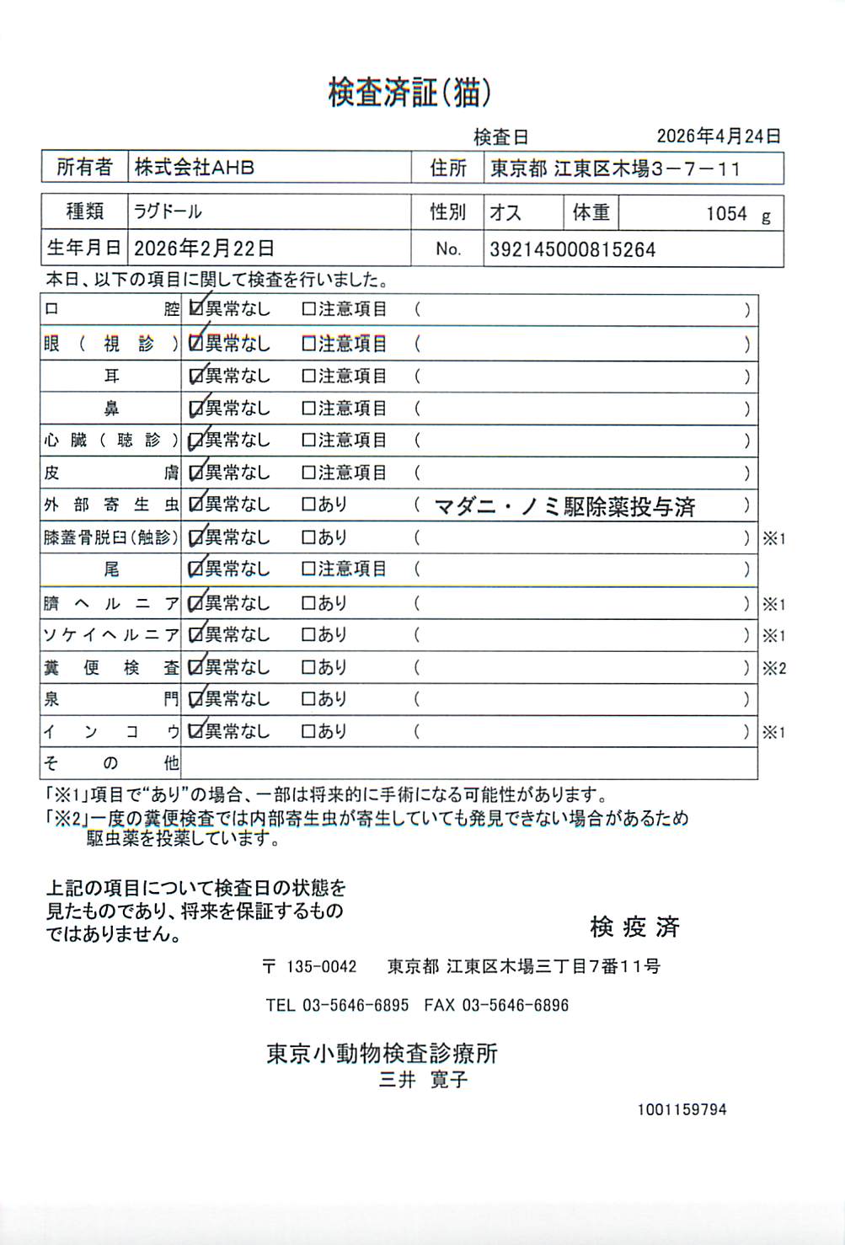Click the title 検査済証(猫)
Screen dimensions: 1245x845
click(x=409, y=93)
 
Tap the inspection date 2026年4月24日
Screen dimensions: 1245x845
click(x=718, y=136)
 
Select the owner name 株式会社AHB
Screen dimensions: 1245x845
click(x=195, y=168)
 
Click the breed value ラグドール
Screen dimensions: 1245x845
click(x=168, y=211)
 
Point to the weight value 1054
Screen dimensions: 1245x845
click(x=726, y=214)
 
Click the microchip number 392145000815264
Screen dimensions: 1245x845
click(x=572, y=250)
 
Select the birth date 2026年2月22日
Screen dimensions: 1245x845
click(x=204, y=248)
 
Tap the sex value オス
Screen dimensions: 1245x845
click(x=505, y=212)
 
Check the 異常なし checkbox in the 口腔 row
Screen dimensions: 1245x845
click(x=196, y=309)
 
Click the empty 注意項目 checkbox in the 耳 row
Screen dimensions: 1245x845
click(x=308, y=377)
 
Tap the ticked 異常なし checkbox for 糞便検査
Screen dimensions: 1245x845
click(x=196, y=668)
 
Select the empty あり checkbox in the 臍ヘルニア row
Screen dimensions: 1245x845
click(x=308, y=604)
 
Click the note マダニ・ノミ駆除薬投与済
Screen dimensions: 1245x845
click(x=564, y=506)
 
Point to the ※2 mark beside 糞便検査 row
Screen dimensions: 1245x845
click(x=773, y=669)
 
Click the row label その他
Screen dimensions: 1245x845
click(x=111, y=764)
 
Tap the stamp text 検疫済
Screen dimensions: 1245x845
click(x=634, y=927)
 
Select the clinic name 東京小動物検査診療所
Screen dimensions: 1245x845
click(x=382, y=1053)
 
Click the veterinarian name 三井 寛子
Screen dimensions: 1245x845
click(x=423, y=1080)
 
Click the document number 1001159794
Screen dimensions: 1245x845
click(x=681, y=1110)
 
